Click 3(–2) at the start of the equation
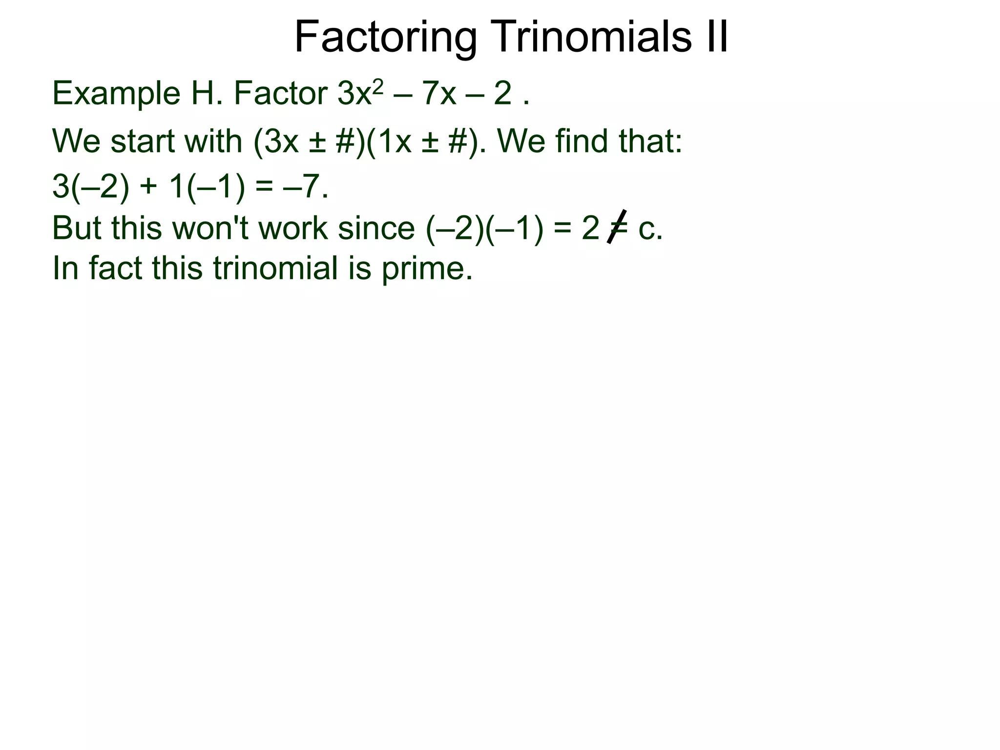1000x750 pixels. tap(91, 187)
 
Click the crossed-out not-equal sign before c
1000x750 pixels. tap(617, 227)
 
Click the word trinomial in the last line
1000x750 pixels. tap(275, 268)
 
